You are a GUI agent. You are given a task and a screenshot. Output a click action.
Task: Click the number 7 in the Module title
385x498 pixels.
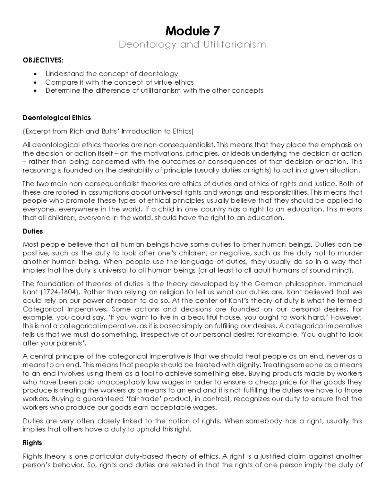[216, 31]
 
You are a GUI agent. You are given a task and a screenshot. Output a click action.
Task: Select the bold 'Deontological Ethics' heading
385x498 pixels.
[56, 118]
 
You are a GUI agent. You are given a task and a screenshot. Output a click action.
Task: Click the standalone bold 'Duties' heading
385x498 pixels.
[32, 231]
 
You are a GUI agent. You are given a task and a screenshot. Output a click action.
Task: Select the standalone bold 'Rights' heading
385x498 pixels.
[32, 443]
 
